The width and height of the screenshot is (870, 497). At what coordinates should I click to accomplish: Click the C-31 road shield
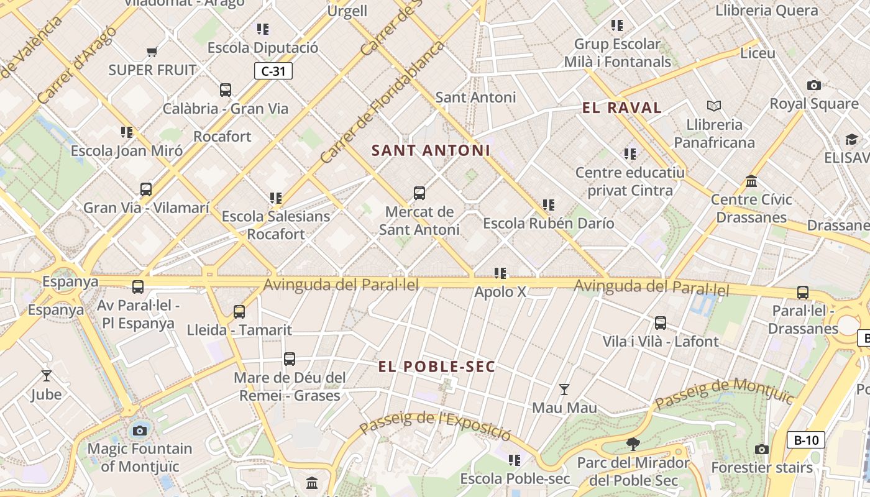273,71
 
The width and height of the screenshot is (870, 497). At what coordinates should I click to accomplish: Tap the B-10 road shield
806,440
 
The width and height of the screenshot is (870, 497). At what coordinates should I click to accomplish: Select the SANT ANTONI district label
431,150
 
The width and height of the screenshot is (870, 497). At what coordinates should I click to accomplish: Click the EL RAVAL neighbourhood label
621,107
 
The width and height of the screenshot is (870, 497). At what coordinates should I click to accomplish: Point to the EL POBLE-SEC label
437,367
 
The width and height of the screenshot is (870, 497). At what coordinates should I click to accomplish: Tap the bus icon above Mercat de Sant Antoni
419,193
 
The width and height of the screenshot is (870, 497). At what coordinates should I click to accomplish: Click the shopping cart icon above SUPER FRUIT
152,52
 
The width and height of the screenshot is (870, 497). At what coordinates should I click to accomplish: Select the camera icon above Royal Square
813,85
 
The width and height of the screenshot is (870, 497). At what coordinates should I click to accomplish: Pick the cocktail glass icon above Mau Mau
564,390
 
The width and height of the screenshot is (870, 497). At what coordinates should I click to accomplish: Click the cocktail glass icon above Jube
47,375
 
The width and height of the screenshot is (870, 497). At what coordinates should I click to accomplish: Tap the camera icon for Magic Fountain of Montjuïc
140,430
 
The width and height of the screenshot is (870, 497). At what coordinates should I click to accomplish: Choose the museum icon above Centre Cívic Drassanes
751,181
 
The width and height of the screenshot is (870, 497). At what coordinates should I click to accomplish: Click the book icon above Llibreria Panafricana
714,106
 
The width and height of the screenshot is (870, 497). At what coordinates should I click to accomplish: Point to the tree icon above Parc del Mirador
633,444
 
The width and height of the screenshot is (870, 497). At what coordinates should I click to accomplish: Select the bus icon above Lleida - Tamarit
239,311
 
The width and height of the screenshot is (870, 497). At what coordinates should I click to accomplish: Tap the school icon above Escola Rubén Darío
548,204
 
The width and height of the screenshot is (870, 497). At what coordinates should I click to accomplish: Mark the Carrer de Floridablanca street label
382,104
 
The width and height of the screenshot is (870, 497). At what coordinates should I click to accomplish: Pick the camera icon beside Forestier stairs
762,449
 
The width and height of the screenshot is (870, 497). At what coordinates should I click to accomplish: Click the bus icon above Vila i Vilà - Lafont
661,323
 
